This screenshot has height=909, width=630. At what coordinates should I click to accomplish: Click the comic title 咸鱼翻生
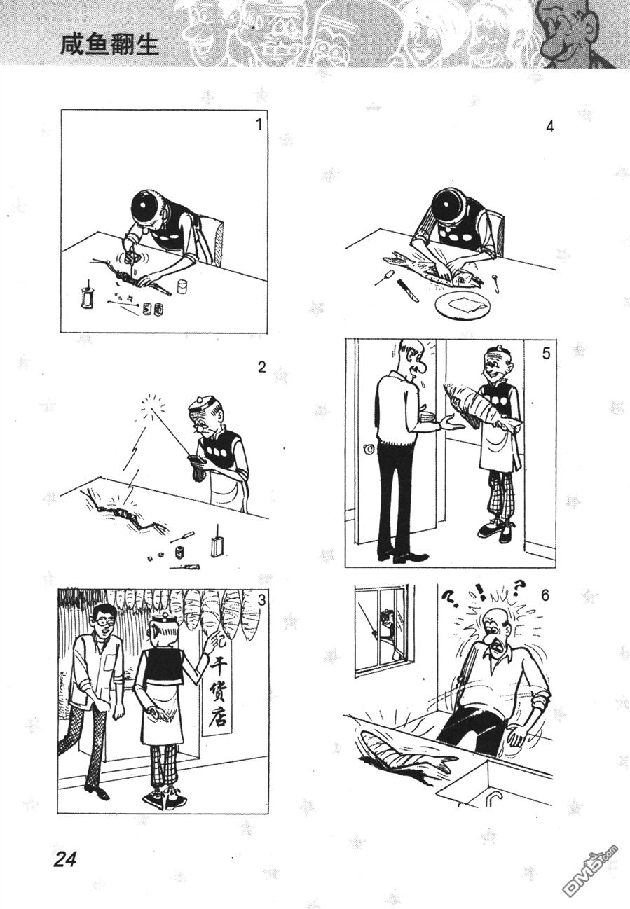(109, 45)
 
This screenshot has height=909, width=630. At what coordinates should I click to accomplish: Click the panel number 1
(259, 125)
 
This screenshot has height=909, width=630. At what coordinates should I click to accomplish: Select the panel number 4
(549, 127)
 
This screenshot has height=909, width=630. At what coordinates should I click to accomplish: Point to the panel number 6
(545, 596)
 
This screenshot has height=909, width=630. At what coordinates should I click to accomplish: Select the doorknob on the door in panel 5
(369, 450)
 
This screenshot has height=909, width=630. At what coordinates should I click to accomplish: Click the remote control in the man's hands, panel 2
(196, 460)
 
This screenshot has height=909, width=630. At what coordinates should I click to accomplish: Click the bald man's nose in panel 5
(421, 367)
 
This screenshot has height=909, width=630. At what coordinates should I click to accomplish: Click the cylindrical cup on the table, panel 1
(182, 286)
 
